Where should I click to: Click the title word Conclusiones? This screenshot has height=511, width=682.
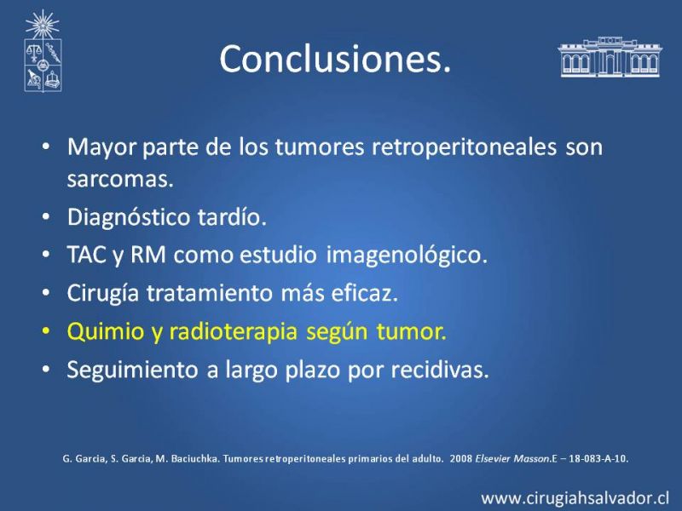[x=335, y=59]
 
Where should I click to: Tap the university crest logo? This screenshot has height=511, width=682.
[x=43, y=51]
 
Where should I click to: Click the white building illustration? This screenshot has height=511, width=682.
[x=610, y=57]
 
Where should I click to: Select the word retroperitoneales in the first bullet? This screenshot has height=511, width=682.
[x=464, y=147]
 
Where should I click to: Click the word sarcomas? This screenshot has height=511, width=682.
[x=120, y=179]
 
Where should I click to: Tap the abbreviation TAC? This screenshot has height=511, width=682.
[x=87, y=255]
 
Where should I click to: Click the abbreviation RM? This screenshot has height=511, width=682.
[x=147, y=255]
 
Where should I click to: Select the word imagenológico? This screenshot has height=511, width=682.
[x=407, y=255]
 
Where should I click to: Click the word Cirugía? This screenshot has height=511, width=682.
[x=102, y=294]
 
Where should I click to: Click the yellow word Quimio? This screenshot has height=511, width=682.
[x=106, y=332]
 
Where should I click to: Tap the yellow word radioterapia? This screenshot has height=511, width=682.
[x=233, y=332]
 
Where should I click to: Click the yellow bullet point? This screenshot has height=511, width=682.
[x=46, y=331]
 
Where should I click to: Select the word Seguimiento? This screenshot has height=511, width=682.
[x=132, y=370]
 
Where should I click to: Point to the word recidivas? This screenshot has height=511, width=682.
[x=440, y=370]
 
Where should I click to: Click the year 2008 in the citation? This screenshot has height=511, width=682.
[x=461, y=458]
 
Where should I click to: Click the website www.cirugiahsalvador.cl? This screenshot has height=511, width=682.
[x=575, y=498]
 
